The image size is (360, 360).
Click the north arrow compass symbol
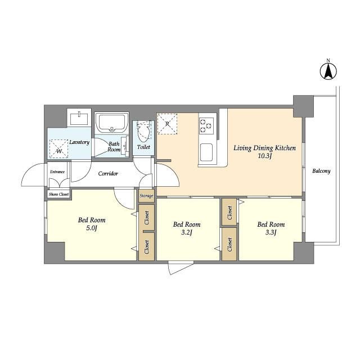pos(328,71)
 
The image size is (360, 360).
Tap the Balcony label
pos(321,171)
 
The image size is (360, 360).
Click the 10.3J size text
pos(265,156)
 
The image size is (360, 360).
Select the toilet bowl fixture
pos(143,132)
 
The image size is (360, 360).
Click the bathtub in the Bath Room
pos(112,123)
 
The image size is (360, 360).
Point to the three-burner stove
pos(206,125)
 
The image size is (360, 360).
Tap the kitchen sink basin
pos(206,152)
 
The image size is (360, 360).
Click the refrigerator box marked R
pos(167,124)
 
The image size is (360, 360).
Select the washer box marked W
pos(59,148)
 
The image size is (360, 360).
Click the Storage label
pos(146,196)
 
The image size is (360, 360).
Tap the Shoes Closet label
pos(58,194)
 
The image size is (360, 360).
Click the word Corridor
pos(108,174)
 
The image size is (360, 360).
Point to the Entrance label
pos(57,172)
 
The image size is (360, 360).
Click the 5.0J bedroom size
pos(92,228)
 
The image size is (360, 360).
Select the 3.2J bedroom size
pos(186,232)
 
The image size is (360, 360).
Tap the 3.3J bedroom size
pos(271,232)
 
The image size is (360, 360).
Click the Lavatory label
pos(79,142)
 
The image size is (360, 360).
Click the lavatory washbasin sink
pos(79,118)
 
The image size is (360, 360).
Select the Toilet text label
pos(143,147)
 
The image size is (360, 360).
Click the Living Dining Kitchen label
pos(265,148)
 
